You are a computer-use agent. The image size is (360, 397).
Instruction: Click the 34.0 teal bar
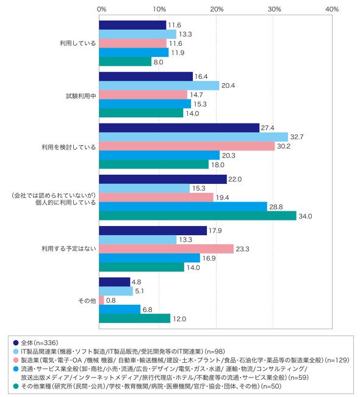pos(198,216)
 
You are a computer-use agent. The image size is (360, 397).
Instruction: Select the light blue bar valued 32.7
pos(193,137)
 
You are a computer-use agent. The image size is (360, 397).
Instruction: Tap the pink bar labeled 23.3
pos(166,249)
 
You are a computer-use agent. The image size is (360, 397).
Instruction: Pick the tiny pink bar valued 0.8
pos(101,300)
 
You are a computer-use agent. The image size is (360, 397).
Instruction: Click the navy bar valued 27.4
pos(179,128)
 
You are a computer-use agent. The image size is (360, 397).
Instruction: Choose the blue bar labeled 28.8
pos(183,207)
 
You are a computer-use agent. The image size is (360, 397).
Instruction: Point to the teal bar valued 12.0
pos(135,318)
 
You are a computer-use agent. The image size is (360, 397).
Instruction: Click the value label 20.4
pos(228,86)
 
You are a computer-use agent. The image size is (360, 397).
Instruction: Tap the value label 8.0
pos(159,62)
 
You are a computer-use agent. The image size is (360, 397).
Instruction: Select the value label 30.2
pos(284,147)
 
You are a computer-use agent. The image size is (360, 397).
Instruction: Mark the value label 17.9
pos(215,231)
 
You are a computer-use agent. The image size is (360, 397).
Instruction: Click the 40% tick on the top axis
pos(332,9)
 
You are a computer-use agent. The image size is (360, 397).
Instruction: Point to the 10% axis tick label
pos(159,9)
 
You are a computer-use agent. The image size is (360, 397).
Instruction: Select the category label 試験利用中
pos(81,96)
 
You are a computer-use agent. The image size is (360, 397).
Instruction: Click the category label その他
pos(87,300)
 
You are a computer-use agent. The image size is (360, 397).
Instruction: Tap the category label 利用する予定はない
pos(69,249)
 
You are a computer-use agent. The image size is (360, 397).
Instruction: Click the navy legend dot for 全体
pos(16,343)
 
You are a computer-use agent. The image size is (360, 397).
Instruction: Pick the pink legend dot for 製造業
pos(16,360)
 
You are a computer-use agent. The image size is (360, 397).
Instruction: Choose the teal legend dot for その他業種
pos(16,386)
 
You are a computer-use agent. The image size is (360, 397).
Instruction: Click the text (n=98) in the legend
pos(215,351)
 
